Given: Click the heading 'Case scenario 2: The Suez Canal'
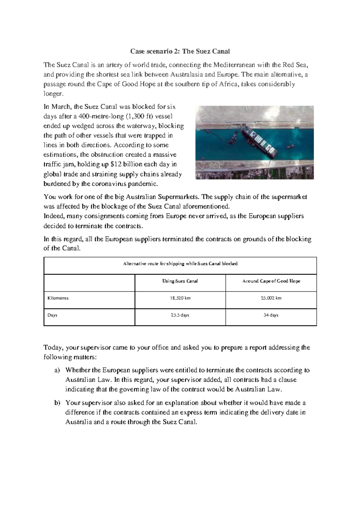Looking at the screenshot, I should click(x=180, y=51).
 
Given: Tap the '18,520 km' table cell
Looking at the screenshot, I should click(x=180, y=298).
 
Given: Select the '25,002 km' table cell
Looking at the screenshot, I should click(x=271, y=298).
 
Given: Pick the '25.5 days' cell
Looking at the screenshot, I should click(x=180, y=315).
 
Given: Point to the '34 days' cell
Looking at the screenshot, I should click(x=271, y=315).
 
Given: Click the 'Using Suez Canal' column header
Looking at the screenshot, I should click(x=180, y=281).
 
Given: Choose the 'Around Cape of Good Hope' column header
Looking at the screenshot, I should click(x=271, y=281).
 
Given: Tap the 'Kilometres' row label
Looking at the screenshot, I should click(x=58, y=298).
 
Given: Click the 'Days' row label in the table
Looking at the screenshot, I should click(x=52, y=315).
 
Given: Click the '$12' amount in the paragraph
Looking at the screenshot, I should click(x=115, y=164).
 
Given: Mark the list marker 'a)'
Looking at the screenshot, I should click(x=57, y=370).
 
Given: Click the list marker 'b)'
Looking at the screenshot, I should click(x=57, y=403).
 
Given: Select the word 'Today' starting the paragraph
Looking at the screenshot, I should click(x=53, y=348).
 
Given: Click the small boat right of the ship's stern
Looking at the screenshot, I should click(x=289, y=147).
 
